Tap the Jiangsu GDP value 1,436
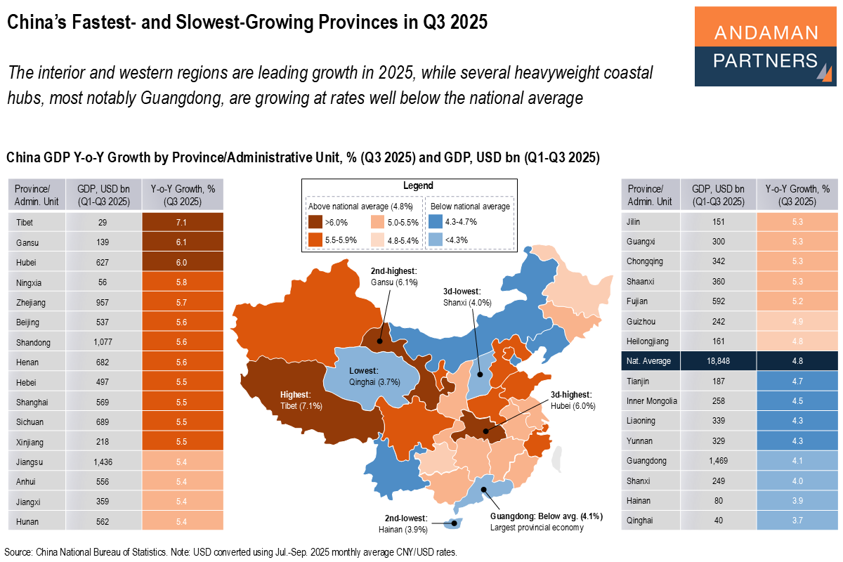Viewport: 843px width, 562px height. [x=104, y=462]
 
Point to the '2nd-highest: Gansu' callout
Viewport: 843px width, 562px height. [x=395, y=277]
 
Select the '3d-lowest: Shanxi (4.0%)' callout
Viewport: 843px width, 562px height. [x=467, y=298]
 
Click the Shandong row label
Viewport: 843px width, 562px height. [x=32, y=342]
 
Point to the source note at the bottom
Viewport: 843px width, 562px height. [x=232, y=552]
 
